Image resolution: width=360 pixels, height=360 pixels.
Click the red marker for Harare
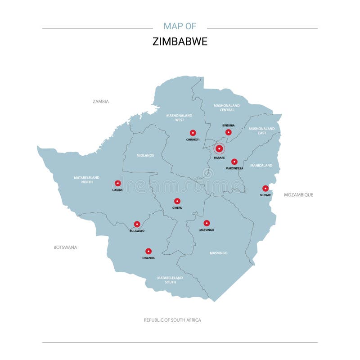click(x=219, y=148)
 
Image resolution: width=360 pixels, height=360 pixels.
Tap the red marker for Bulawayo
click(x=137, y=224)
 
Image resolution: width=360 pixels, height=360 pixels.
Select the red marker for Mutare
click(x=265, y=189)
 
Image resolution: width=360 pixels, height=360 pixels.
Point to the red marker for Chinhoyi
click(x=193, y=133)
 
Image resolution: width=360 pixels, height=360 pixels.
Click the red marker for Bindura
click(x=228, y=132)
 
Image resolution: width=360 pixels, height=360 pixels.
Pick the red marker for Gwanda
click(x=148, y=252)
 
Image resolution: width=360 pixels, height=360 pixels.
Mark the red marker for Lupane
click(x=117, y=184)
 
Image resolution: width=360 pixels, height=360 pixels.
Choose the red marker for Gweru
click(x=177, y=201)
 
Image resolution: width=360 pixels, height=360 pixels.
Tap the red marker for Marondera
click(x=234, y=162)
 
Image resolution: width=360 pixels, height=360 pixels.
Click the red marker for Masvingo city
click(x=207, y=223)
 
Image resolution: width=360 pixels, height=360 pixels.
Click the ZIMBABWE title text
click(x=180, y=42)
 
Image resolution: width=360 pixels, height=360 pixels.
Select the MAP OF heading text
click(x=180, y=26)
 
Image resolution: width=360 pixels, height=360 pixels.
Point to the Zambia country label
click(x=101, y=102)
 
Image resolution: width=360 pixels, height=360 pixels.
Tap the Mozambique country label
click(x=298, y=195)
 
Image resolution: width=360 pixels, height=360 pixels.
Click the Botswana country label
click(x=65, y=247)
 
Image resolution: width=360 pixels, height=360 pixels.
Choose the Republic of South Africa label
click(x=172, y=320)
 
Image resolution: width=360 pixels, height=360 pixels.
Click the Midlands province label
click(x=145, y=155)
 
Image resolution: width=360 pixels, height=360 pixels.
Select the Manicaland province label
click(x=261, y=166)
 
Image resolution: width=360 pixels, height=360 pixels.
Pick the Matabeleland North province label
click(x=87, y=180)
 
